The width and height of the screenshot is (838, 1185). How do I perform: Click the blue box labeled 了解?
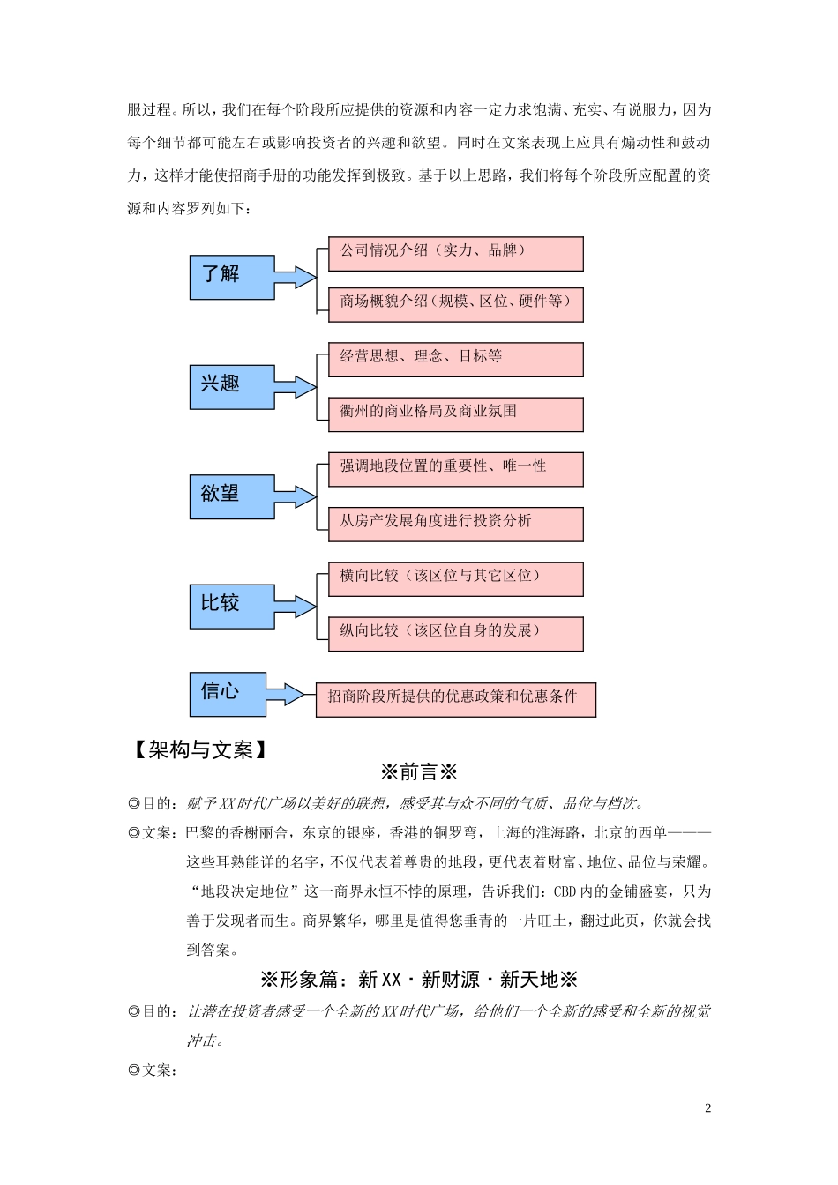pos(232,277)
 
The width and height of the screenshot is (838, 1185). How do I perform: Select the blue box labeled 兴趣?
pos(232,386)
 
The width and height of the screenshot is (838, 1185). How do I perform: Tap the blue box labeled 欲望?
pos(232,496)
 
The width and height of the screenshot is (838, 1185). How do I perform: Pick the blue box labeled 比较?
pos(232,606)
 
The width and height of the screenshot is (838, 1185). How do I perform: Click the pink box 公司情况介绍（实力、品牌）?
pos(455,253)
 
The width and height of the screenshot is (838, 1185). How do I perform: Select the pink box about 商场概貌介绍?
pos(455,304)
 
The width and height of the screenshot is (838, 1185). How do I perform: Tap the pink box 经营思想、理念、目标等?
pos(455,360)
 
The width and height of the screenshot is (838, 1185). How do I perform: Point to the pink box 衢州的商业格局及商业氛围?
pos(455,414)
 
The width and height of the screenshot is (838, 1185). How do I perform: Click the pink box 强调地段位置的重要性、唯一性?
pos(455,468)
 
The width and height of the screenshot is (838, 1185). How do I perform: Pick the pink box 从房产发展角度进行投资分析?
pos(455,524)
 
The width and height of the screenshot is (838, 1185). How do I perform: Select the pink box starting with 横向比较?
pos(455,578)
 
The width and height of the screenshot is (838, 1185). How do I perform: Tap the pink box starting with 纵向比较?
pos(455,633)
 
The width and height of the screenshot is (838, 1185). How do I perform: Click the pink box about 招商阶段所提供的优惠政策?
pos(455,699)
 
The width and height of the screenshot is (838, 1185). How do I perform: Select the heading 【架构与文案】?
pos(199,749)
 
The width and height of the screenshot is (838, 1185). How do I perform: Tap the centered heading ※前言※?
pos(419,773)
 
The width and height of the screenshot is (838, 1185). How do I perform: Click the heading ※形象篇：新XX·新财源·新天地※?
pos(419,980)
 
